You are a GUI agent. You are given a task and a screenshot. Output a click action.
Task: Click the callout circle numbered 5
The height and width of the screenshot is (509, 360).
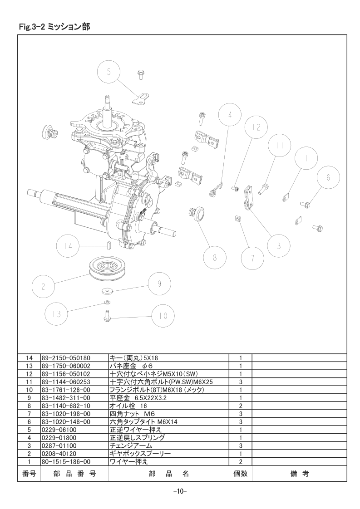[109, 72]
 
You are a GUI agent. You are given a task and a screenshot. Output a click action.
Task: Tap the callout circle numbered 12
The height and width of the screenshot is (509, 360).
[256, 127]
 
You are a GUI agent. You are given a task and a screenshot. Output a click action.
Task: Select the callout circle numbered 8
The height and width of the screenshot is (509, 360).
[214, 258]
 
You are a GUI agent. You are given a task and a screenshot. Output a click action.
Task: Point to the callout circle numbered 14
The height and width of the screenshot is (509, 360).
[68, 246]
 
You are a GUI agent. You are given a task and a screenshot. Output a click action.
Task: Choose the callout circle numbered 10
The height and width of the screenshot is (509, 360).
[163, 316]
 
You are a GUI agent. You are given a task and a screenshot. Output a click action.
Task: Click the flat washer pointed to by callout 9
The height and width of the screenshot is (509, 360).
[107, 290]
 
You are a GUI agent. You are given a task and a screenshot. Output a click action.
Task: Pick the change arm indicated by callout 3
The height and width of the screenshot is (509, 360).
[249, 198]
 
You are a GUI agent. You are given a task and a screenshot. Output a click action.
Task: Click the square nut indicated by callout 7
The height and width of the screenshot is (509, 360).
[237, 219]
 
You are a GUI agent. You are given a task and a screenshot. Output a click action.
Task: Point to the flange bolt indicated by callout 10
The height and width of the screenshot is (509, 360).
[107, 316]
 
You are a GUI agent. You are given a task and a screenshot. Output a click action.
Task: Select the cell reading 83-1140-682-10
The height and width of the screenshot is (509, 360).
[66, 406]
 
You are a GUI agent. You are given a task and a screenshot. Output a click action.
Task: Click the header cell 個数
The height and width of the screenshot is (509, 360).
[241, 474]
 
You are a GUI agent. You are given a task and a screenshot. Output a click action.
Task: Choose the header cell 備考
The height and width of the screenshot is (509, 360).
[300, 474]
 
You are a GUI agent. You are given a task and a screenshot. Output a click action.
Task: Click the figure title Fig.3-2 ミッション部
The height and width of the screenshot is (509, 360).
[54, 27]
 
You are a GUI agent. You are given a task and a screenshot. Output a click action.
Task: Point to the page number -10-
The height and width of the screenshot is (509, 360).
[180, 491]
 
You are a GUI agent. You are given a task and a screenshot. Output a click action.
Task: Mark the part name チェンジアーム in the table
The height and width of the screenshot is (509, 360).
[131, 445]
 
